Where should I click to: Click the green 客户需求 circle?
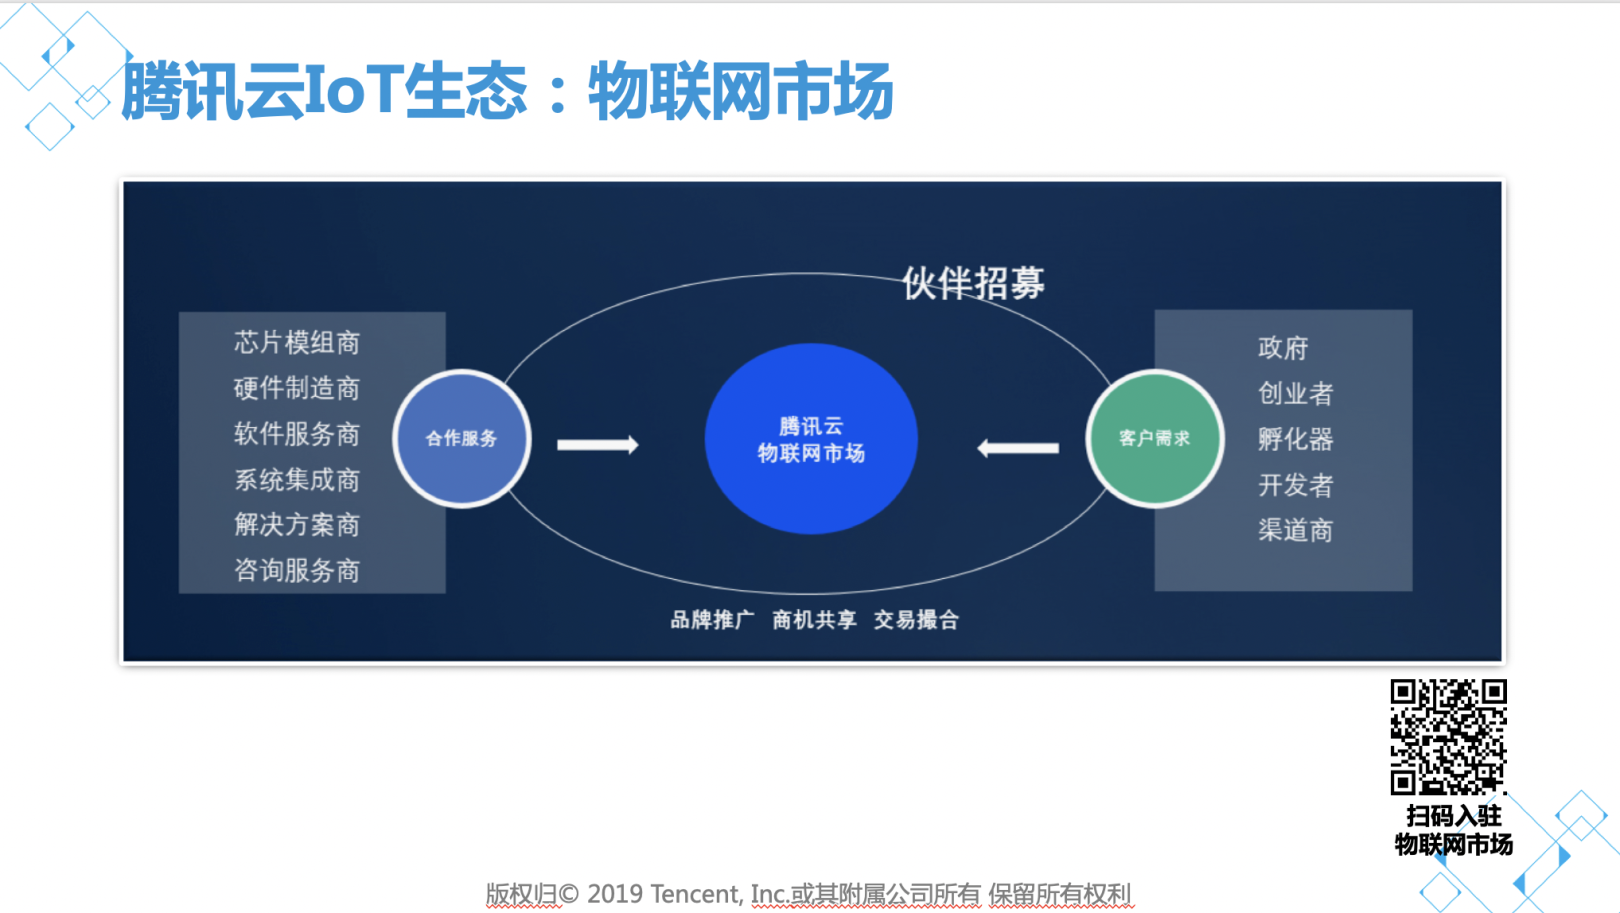1155,438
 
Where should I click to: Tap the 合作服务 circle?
462,438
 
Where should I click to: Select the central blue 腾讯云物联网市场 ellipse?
811,438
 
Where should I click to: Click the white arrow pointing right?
597,444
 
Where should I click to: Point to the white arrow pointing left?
1018,449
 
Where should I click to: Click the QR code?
1449,736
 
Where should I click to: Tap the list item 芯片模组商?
297,343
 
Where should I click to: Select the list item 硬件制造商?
297,388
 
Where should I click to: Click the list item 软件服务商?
297,434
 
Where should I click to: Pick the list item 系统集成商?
297,480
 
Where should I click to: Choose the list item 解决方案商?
297,525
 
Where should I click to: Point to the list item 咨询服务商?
297,571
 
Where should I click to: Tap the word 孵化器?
1295,439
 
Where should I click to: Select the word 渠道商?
1295,530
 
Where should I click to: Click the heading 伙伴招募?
973,283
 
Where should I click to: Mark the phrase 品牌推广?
712,620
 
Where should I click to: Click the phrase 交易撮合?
916,620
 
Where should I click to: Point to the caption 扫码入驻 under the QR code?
1454,816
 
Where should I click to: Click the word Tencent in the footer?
694,894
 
